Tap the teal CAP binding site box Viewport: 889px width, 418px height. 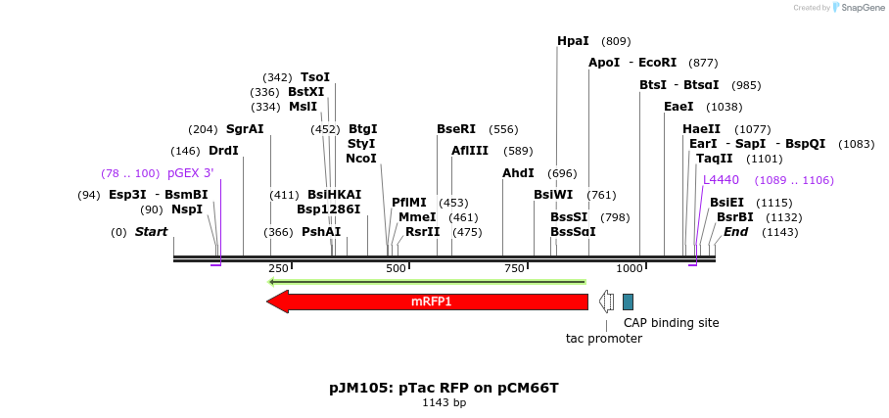tap(628, 302)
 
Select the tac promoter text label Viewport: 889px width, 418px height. tap(603, 339)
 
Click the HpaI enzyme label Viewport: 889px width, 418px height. tap(573, 41)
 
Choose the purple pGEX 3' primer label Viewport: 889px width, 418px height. tap(190, 173)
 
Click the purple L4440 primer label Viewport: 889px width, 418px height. tap(721, 180)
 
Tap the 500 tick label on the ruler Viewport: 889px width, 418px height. tap(396, 268)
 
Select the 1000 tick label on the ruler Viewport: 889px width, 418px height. tap(630, 268)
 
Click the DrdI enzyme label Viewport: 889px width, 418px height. tap(223, 151)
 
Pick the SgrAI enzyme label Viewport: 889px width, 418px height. tap(245, 129)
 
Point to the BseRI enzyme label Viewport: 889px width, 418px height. tap(456, 129)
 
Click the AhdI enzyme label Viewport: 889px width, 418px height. tap(518, 173)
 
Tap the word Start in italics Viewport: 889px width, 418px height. tap(151, 232)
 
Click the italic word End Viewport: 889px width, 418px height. tap(735, 232)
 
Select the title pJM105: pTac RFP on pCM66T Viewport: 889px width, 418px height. tap(444, 388)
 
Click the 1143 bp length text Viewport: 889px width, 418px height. tap(444, 402)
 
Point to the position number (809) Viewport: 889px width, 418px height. tap(616, 41)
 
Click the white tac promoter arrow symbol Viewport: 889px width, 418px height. tap(607, 302)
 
